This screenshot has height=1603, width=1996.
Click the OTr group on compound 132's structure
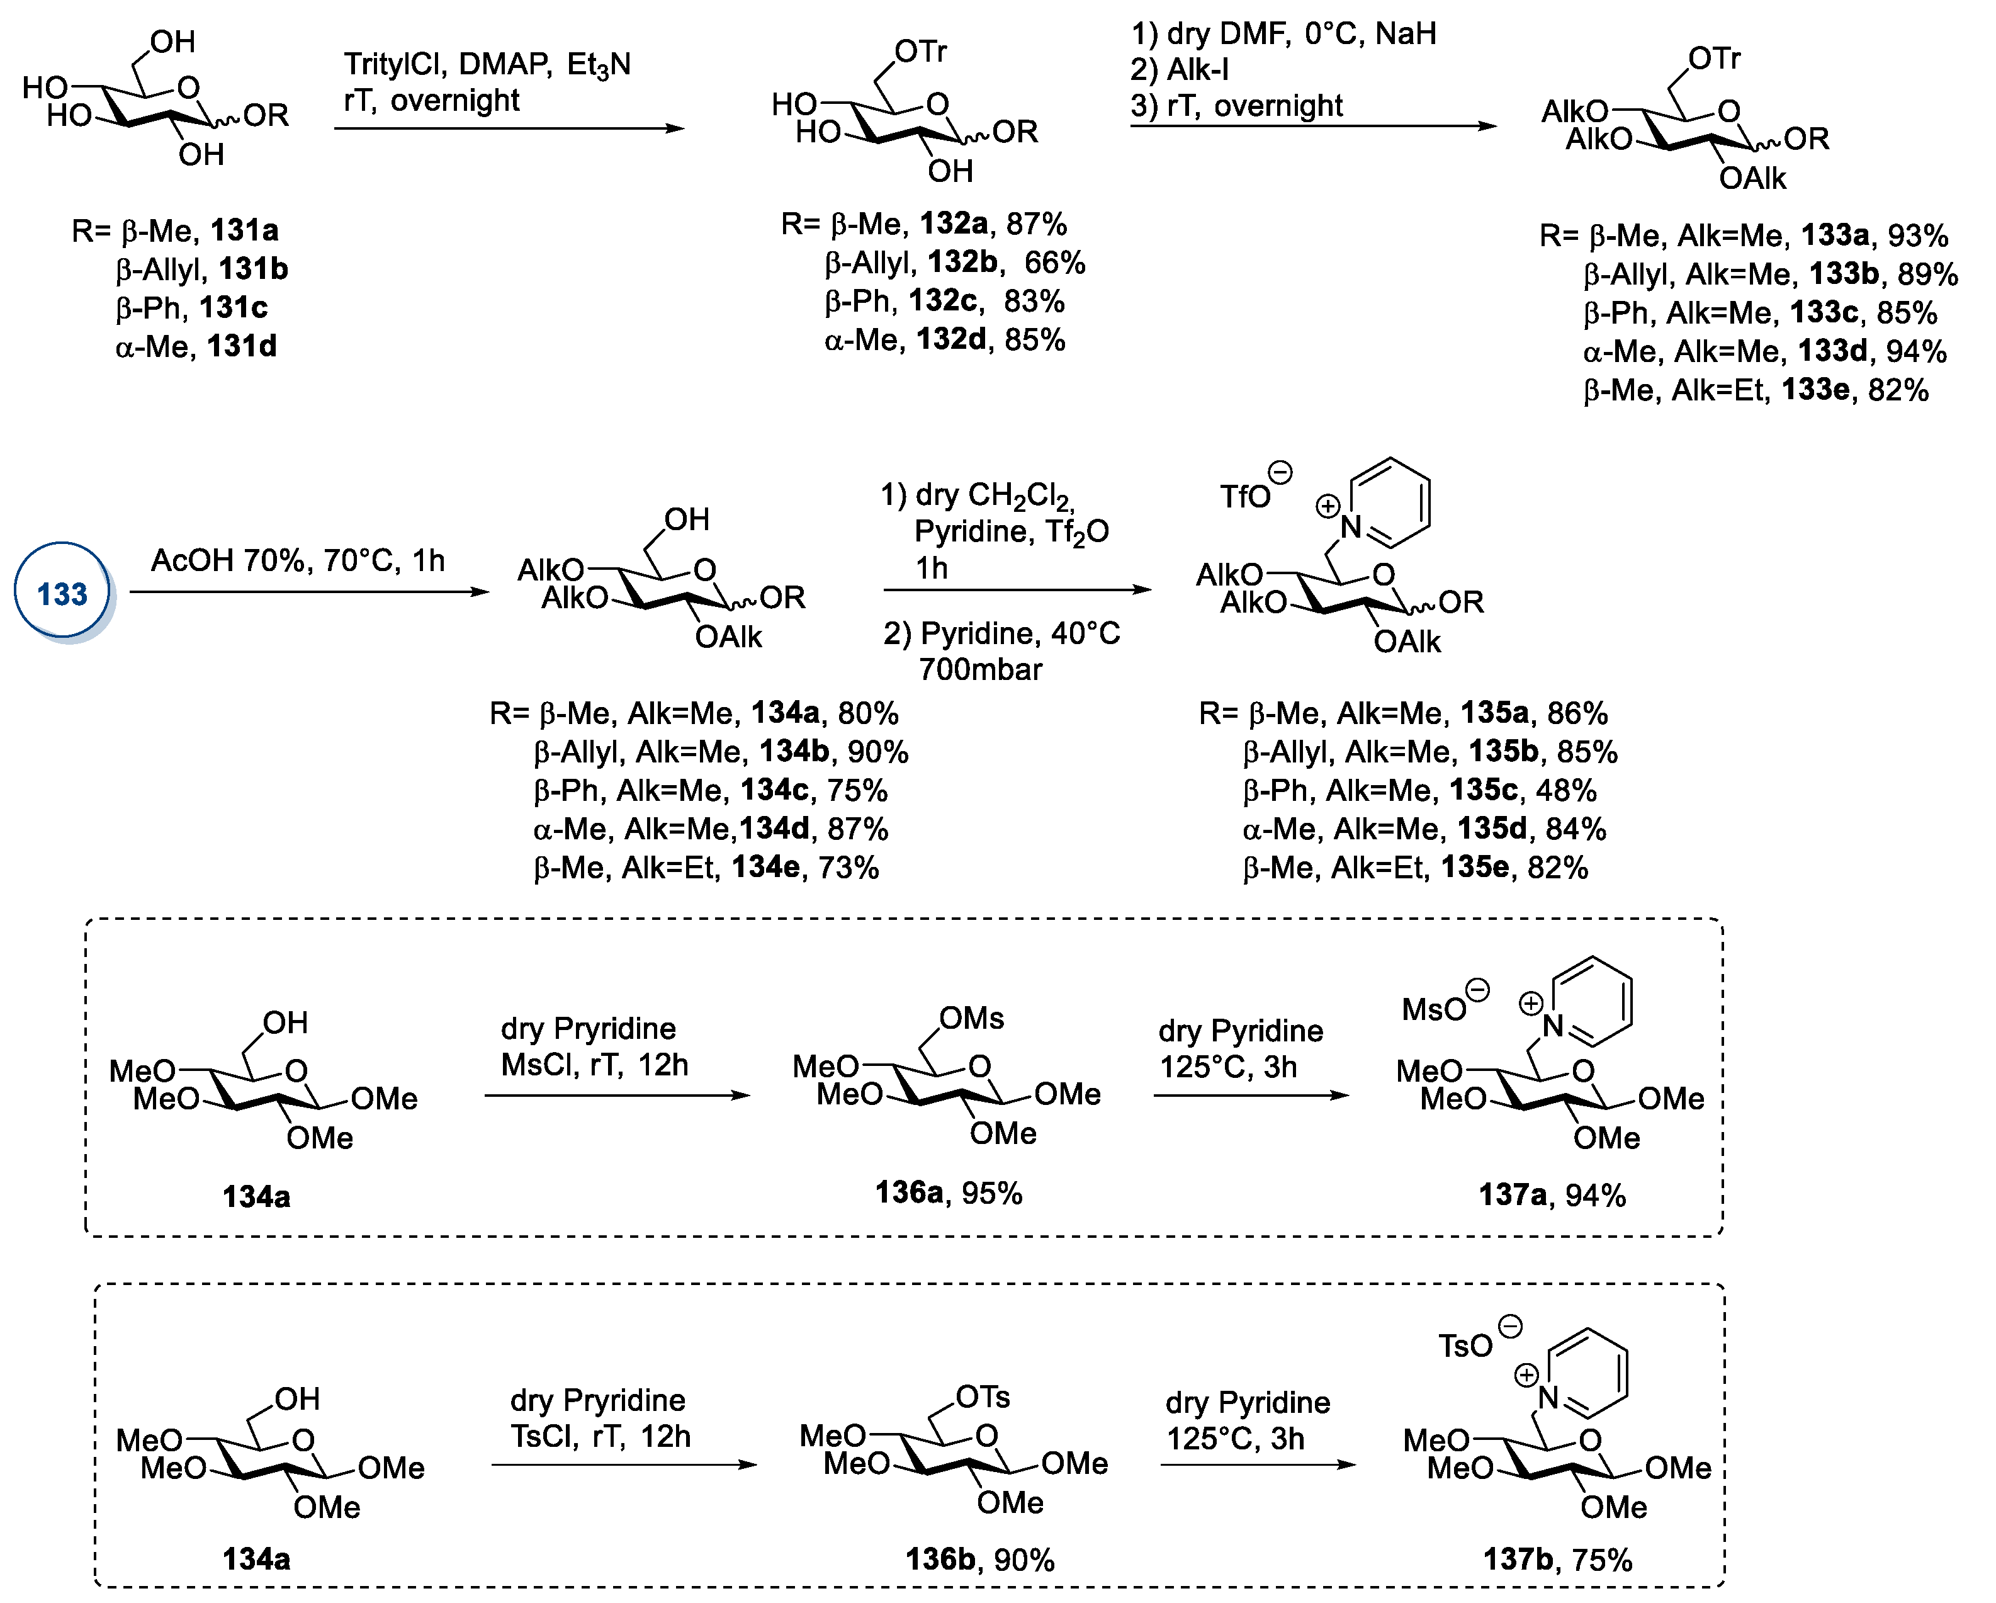tap(920, 52)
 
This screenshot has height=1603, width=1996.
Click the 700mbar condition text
tap(981, 669)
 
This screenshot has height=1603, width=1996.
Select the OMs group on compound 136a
tap(971, 1019)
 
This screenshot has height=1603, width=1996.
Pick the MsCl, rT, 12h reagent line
tap(594, 1065)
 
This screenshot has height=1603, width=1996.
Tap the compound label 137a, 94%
tap(1552, 1194)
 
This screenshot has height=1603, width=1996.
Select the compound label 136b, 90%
tap(979, 1560)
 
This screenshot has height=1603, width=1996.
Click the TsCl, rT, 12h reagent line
tap(600, 1436)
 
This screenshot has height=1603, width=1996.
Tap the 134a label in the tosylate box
tap(256, 1560)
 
